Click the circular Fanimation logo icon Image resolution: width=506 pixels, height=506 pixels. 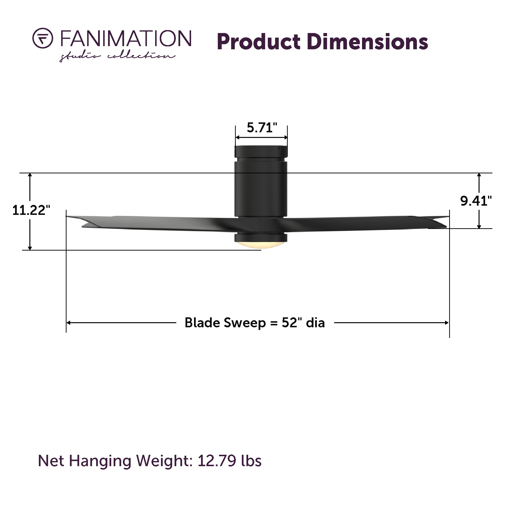click(x=43, y=38)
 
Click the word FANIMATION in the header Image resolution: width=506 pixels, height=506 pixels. click(x=126, y=39)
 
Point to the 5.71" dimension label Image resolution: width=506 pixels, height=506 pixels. click(x=262, y=128)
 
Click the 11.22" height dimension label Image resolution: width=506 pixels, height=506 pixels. click(x=31, y=210)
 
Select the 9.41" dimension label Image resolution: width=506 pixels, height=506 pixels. click(x=476, y=201)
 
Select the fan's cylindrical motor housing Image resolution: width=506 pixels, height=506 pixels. click(x=261, y=189)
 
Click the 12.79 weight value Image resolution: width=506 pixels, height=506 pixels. click(x=217, y=461)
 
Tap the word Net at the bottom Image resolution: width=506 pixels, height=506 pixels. click(x=51, y=461)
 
